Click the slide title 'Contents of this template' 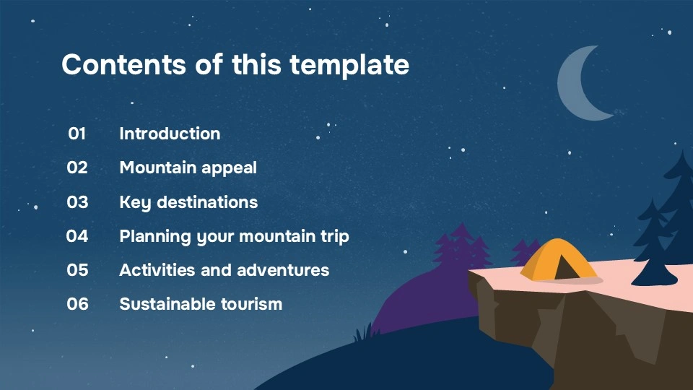point(235,65)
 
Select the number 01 point(77,134)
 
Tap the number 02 point(77,168)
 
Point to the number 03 point(77,202)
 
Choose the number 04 point(77,236)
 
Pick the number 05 point(77,270)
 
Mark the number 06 point(77,304)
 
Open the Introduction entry point(170,134)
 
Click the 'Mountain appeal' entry point(188,168)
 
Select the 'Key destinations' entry point(188,202)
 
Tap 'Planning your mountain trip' point(234,236)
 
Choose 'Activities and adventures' point(224,270)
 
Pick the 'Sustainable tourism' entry point(201,304)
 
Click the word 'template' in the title point(349,65)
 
